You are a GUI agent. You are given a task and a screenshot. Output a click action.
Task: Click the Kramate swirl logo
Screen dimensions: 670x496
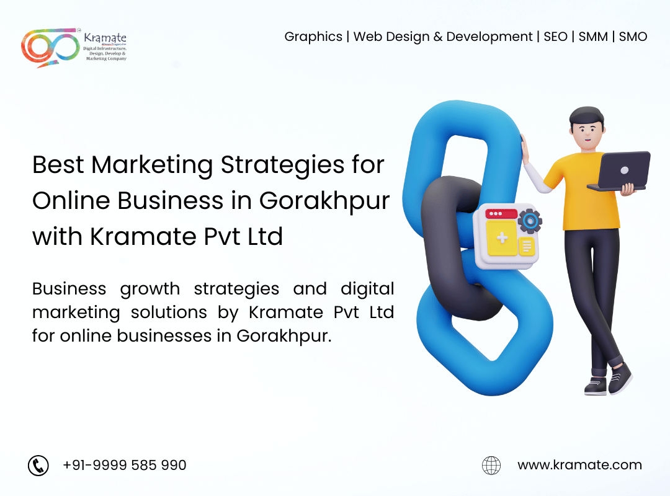[50, 48]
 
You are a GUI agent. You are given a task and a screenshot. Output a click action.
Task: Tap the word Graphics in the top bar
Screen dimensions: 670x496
[313, 37]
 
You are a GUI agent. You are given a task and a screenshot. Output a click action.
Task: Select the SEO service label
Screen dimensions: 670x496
[555, 37]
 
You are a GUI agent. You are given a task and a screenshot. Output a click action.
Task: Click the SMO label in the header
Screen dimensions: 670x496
[633, 37]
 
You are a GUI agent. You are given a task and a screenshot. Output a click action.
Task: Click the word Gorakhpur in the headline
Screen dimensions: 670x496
[324, 201]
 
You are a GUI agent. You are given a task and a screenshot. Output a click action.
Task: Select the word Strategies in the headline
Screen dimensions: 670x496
[282, 166]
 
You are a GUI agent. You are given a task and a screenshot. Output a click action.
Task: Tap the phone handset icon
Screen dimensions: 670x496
[38, 465]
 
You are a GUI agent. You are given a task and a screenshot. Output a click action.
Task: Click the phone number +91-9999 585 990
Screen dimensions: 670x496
[124, 465]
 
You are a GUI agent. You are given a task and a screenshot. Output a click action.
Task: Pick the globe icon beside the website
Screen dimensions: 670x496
[491, 465]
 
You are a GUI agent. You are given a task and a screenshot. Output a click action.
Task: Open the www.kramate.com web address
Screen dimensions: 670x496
[579, 465]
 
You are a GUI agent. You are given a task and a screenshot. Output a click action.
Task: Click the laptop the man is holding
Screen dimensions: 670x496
[620, 171]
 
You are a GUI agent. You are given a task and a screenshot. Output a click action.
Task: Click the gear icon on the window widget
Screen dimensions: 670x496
[530, 221]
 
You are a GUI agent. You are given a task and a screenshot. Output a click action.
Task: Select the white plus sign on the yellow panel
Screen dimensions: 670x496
[502, 237]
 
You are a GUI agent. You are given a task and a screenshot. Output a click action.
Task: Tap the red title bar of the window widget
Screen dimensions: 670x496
[501, 213]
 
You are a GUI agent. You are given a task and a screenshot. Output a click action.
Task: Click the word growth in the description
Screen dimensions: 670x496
[150, 290]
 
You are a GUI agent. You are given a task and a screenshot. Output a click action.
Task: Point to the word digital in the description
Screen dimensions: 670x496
[367, 289]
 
